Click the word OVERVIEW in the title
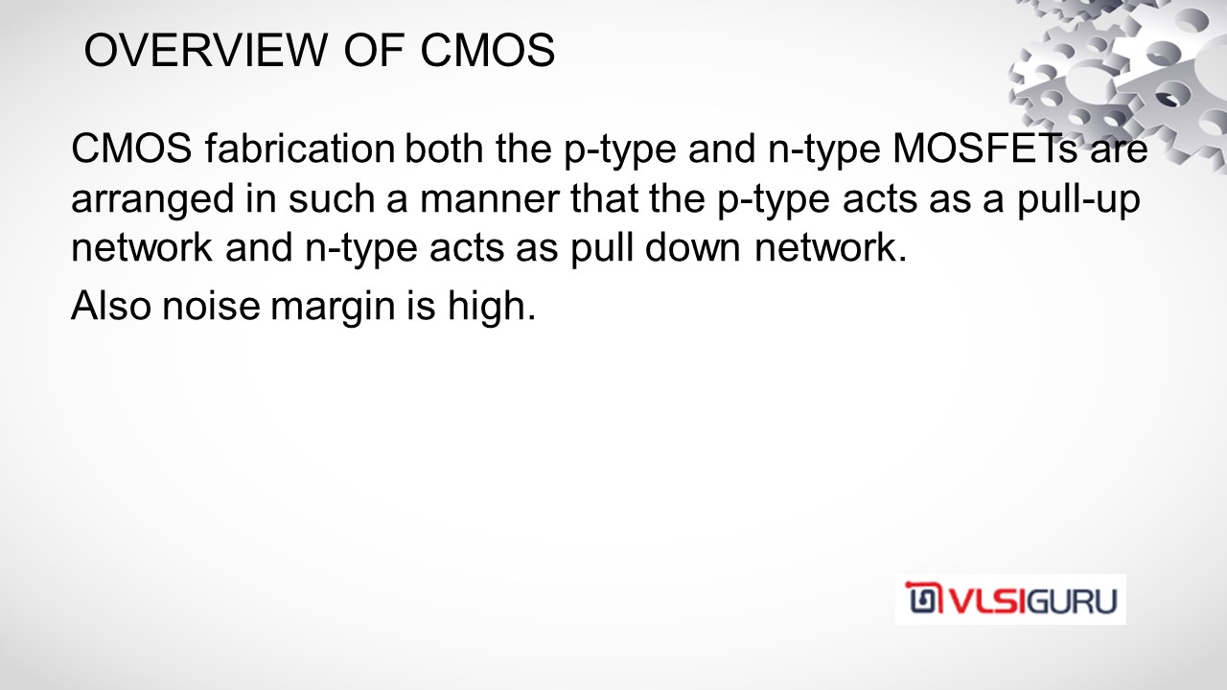205,51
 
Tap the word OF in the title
375,51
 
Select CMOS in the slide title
488,51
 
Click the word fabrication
300,148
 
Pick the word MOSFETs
984,148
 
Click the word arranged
152,199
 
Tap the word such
331,197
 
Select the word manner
490,199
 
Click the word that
604,197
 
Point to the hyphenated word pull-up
1078,199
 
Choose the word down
692,247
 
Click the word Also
110,305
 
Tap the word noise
211,305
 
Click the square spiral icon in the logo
924,598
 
